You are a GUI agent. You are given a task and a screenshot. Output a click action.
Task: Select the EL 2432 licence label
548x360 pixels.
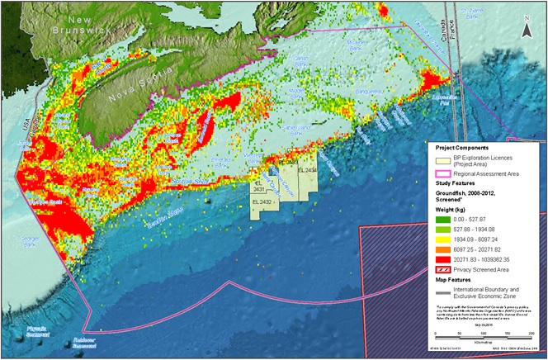(x=263, y=201)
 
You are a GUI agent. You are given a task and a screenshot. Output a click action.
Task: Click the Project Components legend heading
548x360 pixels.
(x=459, y=148)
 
